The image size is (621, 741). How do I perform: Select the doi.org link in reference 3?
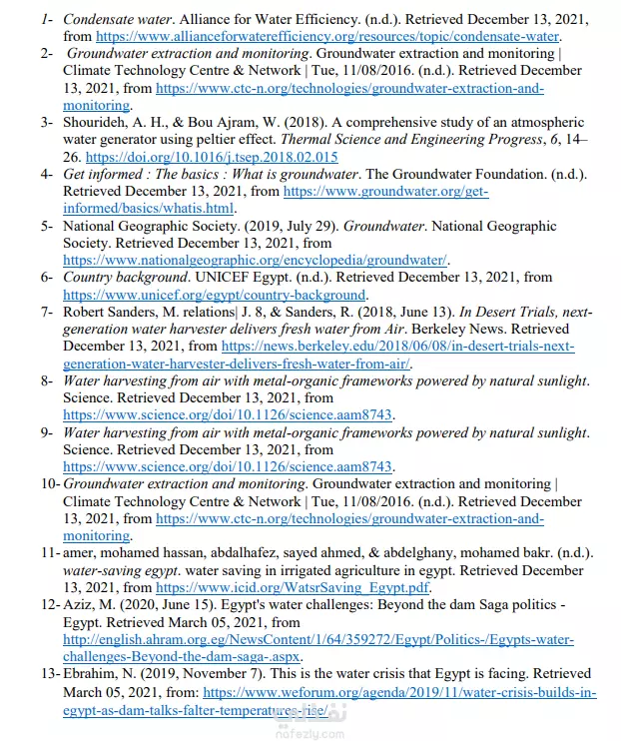212,157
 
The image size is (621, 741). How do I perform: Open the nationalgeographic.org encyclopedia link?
255,260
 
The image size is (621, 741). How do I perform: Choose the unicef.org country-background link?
214,295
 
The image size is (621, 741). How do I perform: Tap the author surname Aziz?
80,604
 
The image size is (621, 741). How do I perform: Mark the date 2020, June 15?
161,604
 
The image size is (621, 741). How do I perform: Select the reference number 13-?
49,674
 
